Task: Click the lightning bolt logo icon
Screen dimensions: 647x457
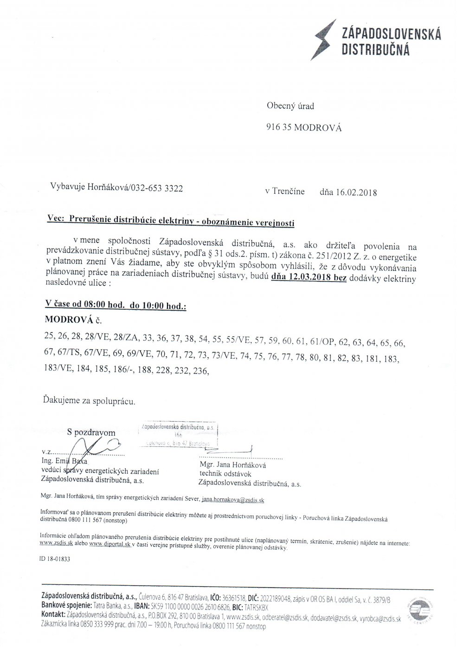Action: tap(323, 37)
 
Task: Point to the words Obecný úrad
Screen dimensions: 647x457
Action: tap(290, 106)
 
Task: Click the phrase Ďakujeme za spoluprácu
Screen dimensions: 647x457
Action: tap(89, 400)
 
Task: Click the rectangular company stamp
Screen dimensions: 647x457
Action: tap(179, 435)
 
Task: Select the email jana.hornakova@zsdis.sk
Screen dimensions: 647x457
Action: tap(234, 500)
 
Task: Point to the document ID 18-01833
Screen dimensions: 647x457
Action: tap(55, 560)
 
